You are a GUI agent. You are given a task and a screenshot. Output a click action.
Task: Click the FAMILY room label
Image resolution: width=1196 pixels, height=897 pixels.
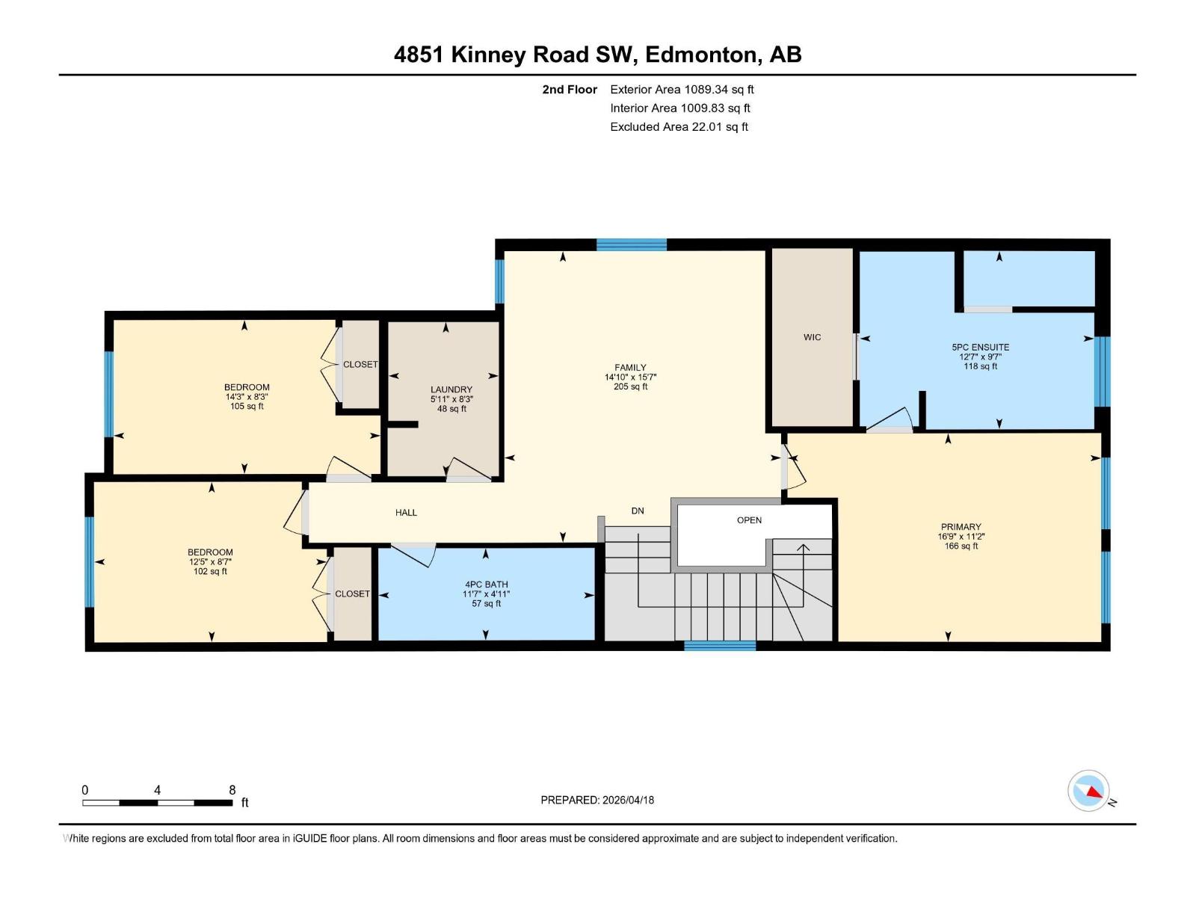630,367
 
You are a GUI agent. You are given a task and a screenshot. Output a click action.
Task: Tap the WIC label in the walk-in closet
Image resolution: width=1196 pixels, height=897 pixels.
812,337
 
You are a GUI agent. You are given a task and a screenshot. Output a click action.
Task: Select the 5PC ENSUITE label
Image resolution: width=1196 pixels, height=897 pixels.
980,347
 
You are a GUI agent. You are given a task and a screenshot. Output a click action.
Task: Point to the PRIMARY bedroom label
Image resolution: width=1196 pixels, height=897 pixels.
961,526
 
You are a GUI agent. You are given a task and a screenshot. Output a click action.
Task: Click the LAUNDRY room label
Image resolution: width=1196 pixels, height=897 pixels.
451,389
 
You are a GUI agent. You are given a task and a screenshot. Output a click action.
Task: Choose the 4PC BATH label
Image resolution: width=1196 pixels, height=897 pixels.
486,585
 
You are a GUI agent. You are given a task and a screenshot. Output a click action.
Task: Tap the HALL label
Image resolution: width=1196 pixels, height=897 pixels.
406,512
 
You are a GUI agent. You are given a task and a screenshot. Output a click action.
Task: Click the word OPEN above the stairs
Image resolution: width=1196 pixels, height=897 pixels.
749,520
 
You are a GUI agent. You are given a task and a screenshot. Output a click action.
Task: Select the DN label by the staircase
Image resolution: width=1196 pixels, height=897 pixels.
637,511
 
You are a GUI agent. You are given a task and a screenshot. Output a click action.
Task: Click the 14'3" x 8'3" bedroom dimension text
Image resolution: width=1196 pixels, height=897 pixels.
247,397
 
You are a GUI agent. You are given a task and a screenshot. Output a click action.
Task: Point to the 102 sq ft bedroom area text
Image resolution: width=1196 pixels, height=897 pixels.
210,571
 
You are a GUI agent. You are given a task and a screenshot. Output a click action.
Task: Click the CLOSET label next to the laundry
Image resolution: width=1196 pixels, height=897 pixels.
360,364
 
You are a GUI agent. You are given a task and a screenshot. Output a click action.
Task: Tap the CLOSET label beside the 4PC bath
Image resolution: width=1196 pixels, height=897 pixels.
352,594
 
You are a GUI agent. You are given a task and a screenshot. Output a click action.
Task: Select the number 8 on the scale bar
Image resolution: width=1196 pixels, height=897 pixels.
232,790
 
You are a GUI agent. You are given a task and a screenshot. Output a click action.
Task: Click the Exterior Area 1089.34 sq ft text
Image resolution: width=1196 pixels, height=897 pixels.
682,89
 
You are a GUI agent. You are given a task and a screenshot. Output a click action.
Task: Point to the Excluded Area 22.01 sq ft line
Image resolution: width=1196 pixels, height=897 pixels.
679,126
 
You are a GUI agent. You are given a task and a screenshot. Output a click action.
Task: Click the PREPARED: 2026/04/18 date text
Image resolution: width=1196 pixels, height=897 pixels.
597,800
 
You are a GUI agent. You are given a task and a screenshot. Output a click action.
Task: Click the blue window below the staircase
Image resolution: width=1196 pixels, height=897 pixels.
719,646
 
